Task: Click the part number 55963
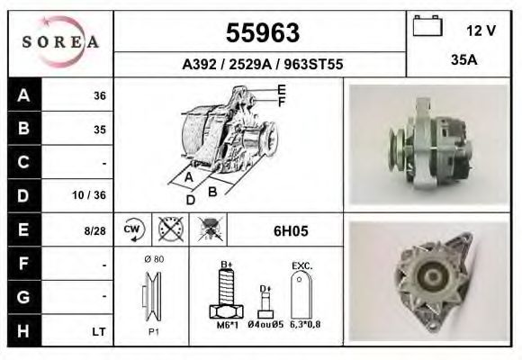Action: (x=262, y=33)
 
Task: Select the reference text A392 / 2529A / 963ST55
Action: (x=262, y=65)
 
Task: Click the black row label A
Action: (x=22, y=95)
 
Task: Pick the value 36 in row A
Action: (x=99, y=95)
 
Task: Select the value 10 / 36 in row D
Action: (x=94, y=195)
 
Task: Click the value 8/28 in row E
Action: (x=94, y=231)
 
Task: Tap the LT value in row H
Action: (x=99, y=332)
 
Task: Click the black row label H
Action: (x=22, y=332)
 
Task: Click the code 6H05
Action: (x=291, y=231)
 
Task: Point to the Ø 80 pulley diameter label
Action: (x=152, y=259)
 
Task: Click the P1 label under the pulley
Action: (x=152, y=332)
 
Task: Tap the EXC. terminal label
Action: (x=301, y=266)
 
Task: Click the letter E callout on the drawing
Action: (x=282, y=89)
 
